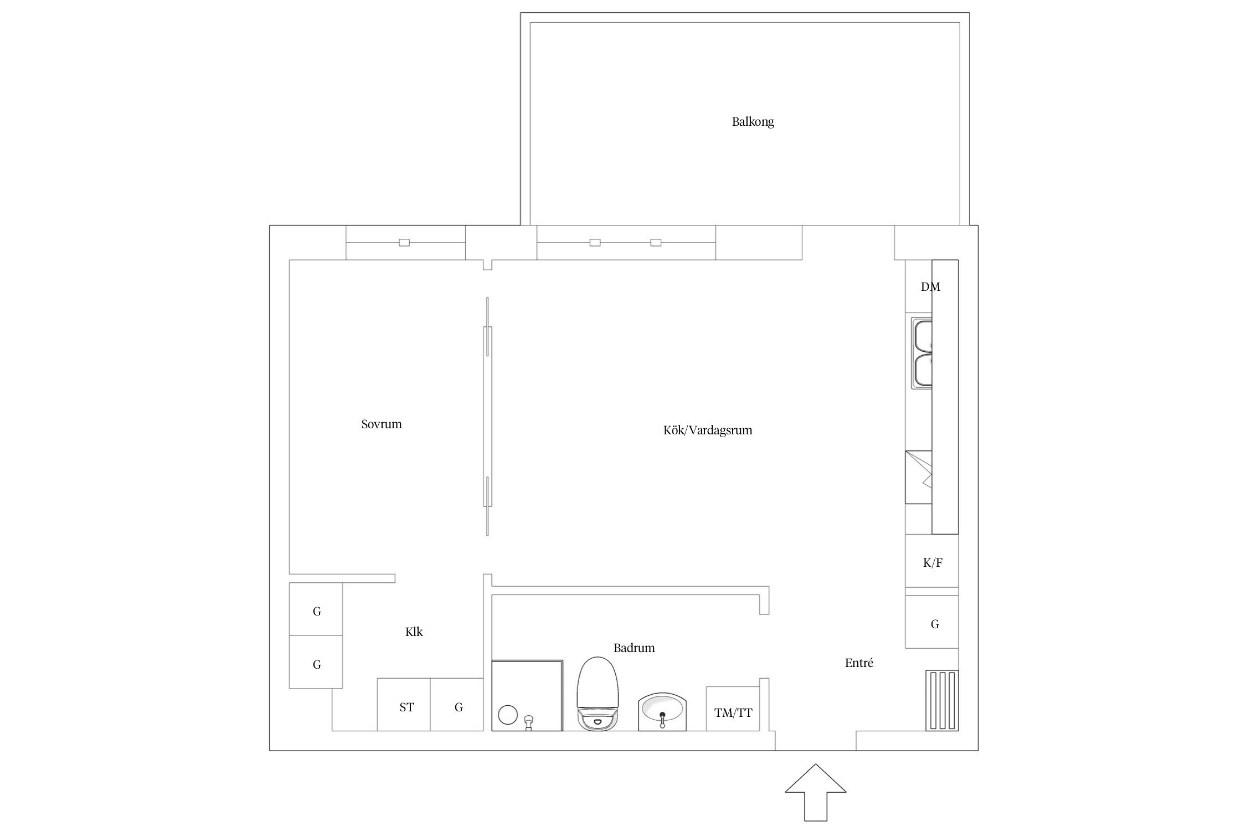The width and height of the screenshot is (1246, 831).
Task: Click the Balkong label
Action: click(753, 122)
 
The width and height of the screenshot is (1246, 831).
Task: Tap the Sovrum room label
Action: click(381, 424)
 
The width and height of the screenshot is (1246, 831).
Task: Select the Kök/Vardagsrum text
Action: click(708, 430)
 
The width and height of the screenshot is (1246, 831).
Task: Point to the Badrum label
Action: click(634, 648)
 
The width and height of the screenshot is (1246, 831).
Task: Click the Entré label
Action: click(859, 663)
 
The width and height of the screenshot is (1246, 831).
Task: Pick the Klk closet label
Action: click(414, 632)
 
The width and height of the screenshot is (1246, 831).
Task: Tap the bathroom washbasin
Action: click(662, 712)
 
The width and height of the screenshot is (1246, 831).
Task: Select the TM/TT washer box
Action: click(733, 709)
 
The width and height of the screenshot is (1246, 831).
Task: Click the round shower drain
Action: click(507, 715)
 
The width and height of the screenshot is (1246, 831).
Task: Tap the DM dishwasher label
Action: click(930, 287)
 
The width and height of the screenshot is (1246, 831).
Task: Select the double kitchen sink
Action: click(921, 353)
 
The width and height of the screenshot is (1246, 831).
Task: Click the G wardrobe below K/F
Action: click(932, 622)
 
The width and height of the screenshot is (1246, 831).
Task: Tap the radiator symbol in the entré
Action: click(942, 700)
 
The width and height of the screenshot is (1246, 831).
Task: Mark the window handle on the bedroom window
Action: click(404, 243)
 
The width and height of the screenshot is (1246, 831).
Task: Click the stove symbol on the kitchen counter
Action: click(919, 477)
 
